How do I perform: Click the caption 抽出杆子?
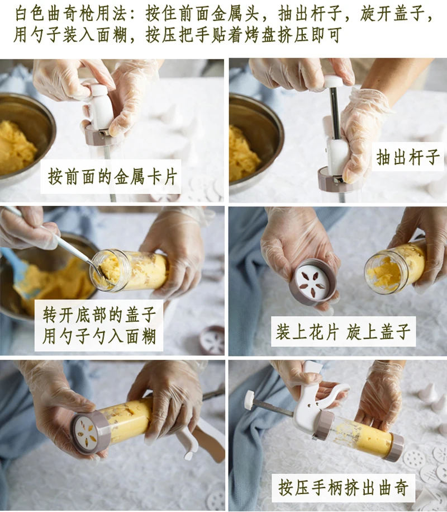(x=408, y=157)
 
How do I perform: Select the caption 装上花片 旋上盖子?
(x=343, y=331)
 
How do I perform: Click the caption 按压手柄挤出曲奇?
(x=343, y=488)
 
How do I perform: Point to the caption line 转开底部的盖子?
(x=99, y=315)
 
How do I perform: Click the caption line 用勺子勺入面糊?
(x=99, y=336)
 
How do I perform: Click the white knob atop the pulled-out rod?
(x=333, y=81)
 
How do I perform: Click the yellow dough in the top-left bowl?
(x=16, y=146)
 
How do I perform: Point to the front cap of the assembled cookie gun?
(x=393, y=447)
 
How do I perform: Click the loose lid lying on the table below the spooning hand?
(x=212, y=340)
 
